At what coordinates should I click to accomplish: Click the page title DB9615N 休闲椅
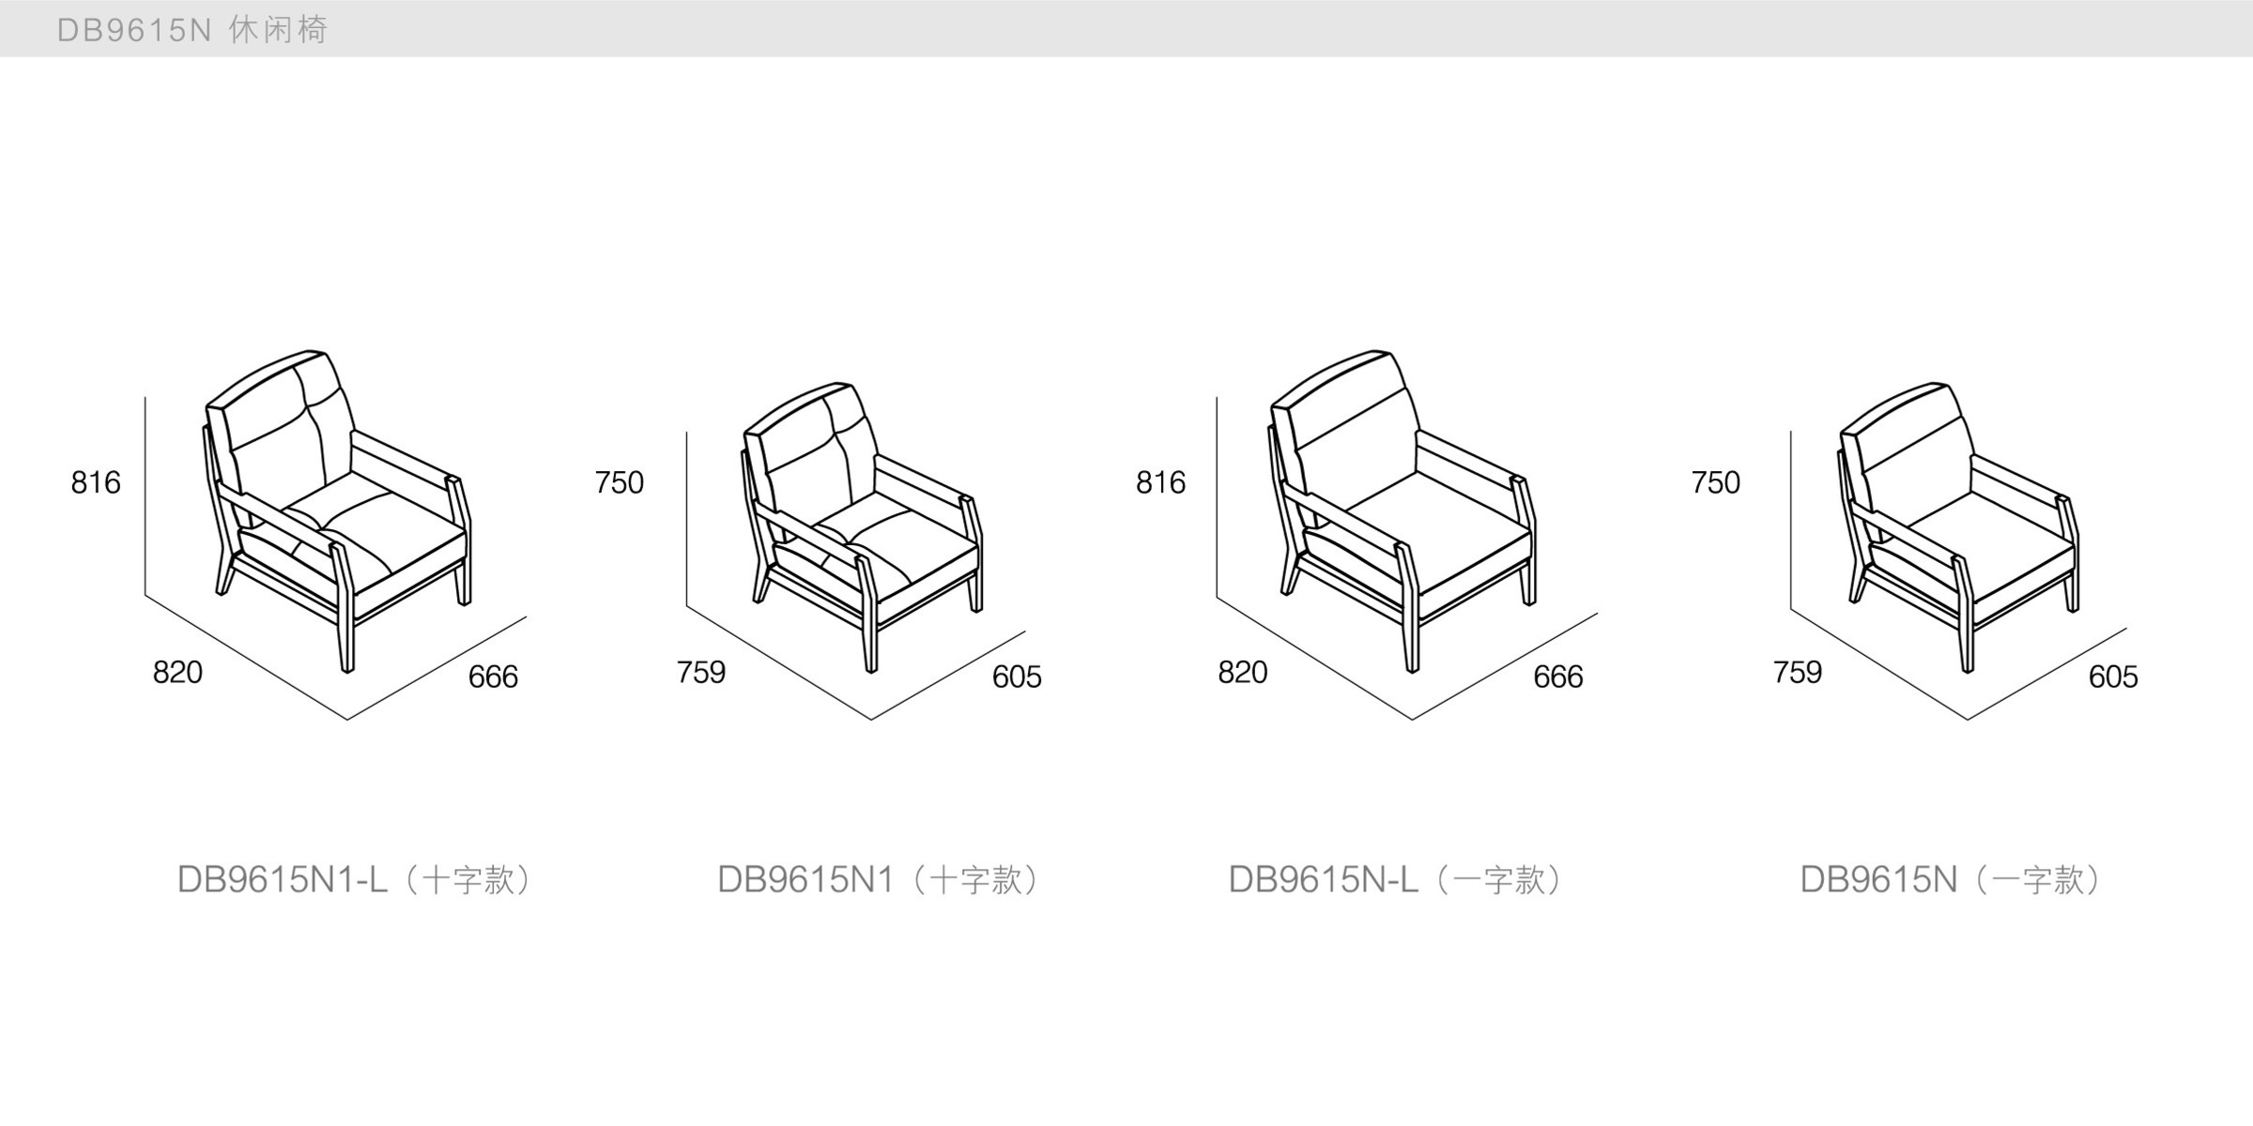click(192, 30)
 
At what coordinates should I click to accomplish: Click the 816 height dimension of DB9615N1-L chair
click(96, 482)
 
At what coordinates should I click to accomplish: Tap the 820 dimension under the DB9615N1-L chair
click(177, 672)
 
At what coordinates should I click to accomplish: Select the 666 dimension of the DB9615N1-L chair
click(493, 677)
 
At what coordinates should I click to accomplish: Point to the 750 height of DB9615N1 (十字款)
click(620, 482)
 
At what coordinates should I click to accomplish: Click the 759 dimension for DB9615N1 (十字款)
click(701, 672)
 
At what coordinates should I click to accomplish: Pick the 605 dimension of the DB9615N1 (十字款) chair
click(1017, 677)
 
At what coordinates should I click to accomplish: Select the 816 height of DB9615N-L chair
click(1161, 482)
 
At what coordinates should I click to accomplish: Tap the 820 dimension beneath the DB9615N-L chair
click(1243, 672)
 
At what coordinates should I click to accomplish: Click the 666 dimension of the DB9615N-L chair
click(1558, 677)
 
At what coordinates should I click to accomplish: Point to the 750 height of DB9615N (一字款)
click(1716, 482)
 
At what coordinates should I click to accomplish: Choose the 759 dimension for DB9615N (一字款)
click(1798, 672)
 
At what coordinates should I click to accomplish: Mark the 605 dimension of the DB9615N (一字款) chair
click(2113, 677)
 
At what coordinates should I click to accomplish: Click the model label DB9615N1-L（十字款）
click(355, 880)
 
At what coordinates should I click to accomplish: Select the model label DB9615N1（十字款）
click(880, 880)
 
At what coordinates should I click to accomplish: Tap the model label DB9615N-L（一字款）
click(1396, 880)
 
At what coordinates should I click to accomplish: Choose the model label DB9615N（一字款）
click(1951, 880)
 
